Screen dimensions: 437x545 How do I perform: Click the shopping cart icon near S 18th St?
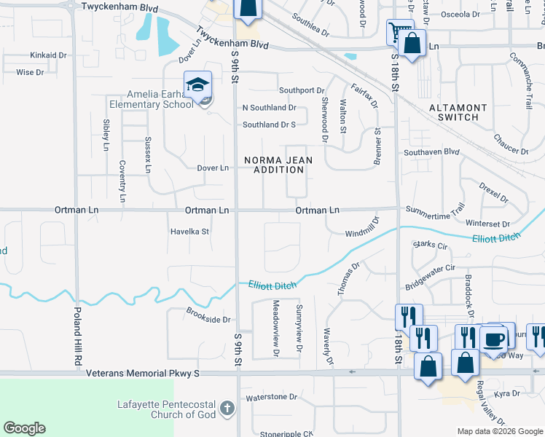[x=398, y=33]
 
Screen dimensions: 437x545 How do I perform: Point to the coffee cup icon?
[x=494, y=340]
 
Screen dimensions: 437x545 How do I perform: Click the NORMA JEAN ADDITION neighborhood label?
[x=273, y=165]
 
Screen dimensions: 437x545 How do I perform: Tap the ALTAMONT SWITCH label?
[x=453, y=112]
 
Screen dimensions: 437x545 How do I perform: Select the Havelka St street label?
[x=189, y=232]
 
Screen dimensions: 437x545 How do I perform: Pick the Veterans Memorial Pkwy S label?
[x=142, y=373]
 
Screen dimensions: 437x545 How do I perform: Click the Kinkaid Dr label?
[x=48, y=55]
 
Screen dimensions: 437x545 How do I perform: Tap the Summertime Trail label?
[x=435, y=210]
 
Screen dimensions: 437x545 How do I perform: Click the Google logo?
[x=24, y=428]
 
